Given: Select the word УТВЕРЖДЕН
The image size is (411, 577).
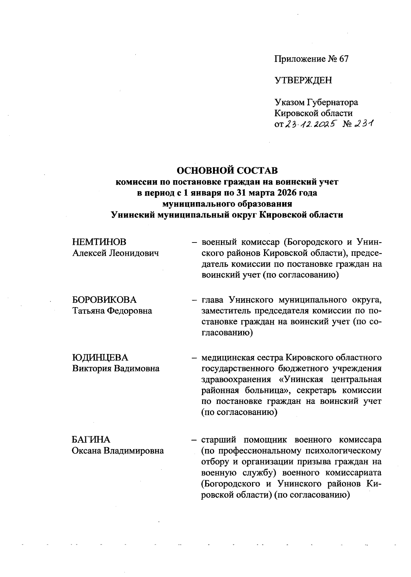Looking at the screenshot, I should pyautogui.click(x=303, y=80).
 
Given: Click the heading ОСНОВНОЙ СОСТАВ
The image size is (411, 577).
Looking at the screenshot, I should pyautogui.click(x=227, y=170).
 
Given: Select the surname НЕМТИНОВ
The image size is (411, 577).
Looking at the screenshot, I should pyautogui.click(x=99, y=242).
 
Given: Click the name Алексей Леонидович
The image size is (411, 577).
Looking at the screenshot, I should pyautogui.click(x=116, y=253).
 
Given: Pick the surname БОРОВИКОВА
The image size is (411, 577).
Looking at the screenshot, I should pyautogui.click(x=104, y=300).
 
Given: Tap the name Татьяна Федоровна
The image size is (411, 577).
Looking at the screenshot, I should pyautogui.click(x=112, y=311).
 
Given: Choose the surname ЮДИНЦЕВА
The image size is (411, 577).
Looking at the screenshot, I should pyautogui.click(x=100, y=358).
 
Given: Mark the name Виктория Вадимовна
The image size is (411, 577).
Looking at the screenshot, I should pyautogui.click(x=116, y=369).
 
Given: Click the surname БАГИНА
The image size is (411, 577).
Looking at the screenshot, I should pyautogui.click(x=91, y=440).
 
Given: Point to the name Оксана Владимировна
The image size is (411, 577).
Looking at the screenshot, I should pyautogui.click(x=118, y=451).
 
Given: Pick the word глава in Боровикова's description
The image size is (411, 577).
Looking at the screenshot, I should pyautogui.click(x=212, y=300).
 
